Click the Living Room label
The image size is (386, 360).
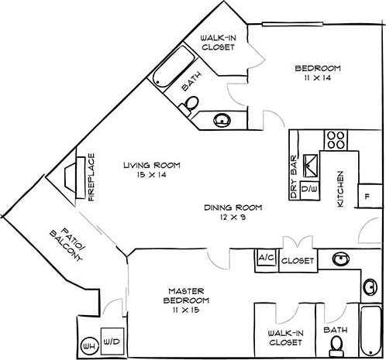tap(151, 170)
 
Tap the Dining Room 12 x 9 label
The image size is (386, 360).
tap(233, 213)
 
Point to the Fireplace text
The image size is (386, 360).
tap(91, 177)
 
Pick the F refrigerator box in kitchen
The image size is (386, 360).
tap(367, 196)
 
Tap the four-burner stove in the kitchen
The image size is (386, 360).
tap(336, 140)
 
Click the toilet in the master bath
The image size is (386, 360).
tap(336, 349)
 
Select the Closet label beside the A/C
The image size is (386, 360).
tap(297, 261)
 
